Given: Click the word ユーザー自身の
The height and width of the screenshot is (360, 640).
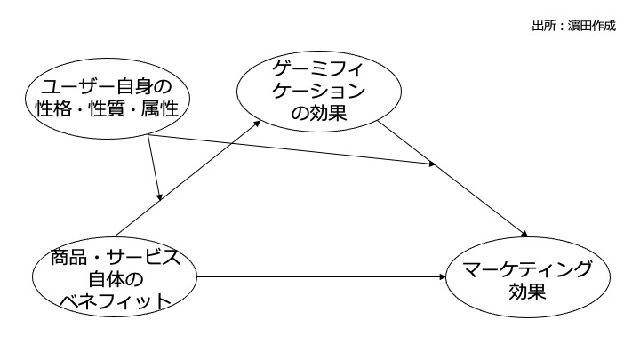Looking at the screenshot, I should click(106, 87).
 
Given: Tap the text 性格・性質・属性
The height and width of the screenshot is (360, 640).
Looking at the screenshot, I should click(106, 110).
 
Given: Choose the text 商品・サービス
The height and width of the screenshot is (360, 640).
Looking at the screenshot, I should click(113, 258).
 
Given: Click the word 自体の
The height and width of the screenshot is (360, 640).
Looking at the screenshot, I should click(113, 279).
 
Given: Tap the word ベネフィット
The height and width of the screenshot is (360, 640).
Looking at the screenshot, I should click(113, 300).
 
